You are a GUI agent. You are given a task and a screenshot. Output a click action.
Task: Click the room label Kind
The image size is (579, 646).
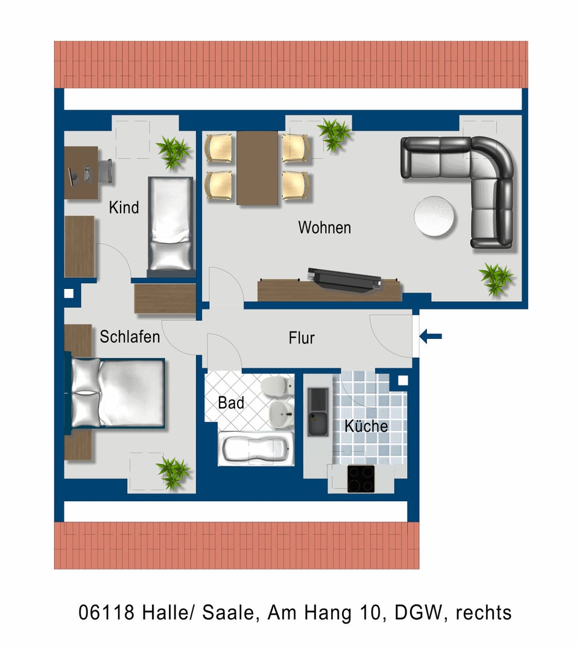pyautogui.click(x=124, y=207)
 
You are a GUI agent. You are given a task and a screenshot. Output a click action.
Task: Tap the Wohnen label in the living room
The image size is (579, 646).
pyautogui.click(x=324, y=227)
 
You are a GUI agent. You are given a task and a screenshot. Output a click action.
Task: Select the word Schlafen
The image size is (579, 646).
pyautogui.click(x=130, y=337)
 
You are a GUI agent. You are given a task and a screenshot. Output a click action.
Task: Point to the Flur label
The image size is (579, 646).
pyautogui.click(x=302, y=338)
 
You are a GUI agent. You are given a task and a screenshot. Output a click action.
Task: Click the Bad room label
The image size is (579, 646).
pyautogui.click(x=231, y=402)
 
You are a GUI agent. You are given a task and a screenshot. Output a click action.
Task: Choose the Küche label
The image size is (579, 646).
pyautogui.click(x=366, y=426)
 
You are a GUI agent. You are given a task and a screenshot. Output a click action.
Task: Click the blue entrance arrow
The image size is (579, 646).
pyautogui.click(x=431, y=336)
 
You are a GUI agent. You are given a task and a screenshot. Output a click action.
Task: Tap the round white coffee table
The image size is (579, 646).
pyautogui.click(x=434, y=216)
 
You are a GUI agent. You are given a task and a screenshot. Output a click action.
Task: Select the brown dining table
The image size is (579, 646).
pyautogui.click(x=257, y=168)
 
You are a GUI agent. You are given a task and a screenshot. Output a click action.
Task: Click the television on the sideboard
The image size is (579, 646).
pyautogui.click(x=344, y=280)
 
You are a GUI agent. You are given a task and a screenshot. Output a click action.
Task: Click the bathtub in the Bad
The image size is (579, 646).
pyautogui.click(x=256, y=449)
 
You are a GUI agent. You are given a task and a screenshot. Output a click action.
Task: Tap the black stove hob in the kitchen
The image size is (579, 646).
pyautogui.click(x=361, y=479)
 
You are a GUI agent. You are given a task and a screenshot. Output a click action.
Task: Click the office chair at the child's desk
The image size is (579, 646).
pyautogui.click(x=106, y=171)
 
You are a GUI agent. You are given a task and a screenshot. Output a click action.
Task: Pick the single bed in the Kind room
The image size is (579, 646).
pyautogui.click(x=171, y=227)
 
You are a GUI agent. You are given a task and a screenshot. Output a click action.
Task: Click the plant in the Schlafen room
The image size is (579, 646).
pyautogui.click(x=173, y=472)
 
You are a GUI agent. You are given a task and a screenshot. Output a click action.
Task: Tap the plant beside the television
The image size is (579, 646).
pyautogui.click(x=496, y=279)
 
